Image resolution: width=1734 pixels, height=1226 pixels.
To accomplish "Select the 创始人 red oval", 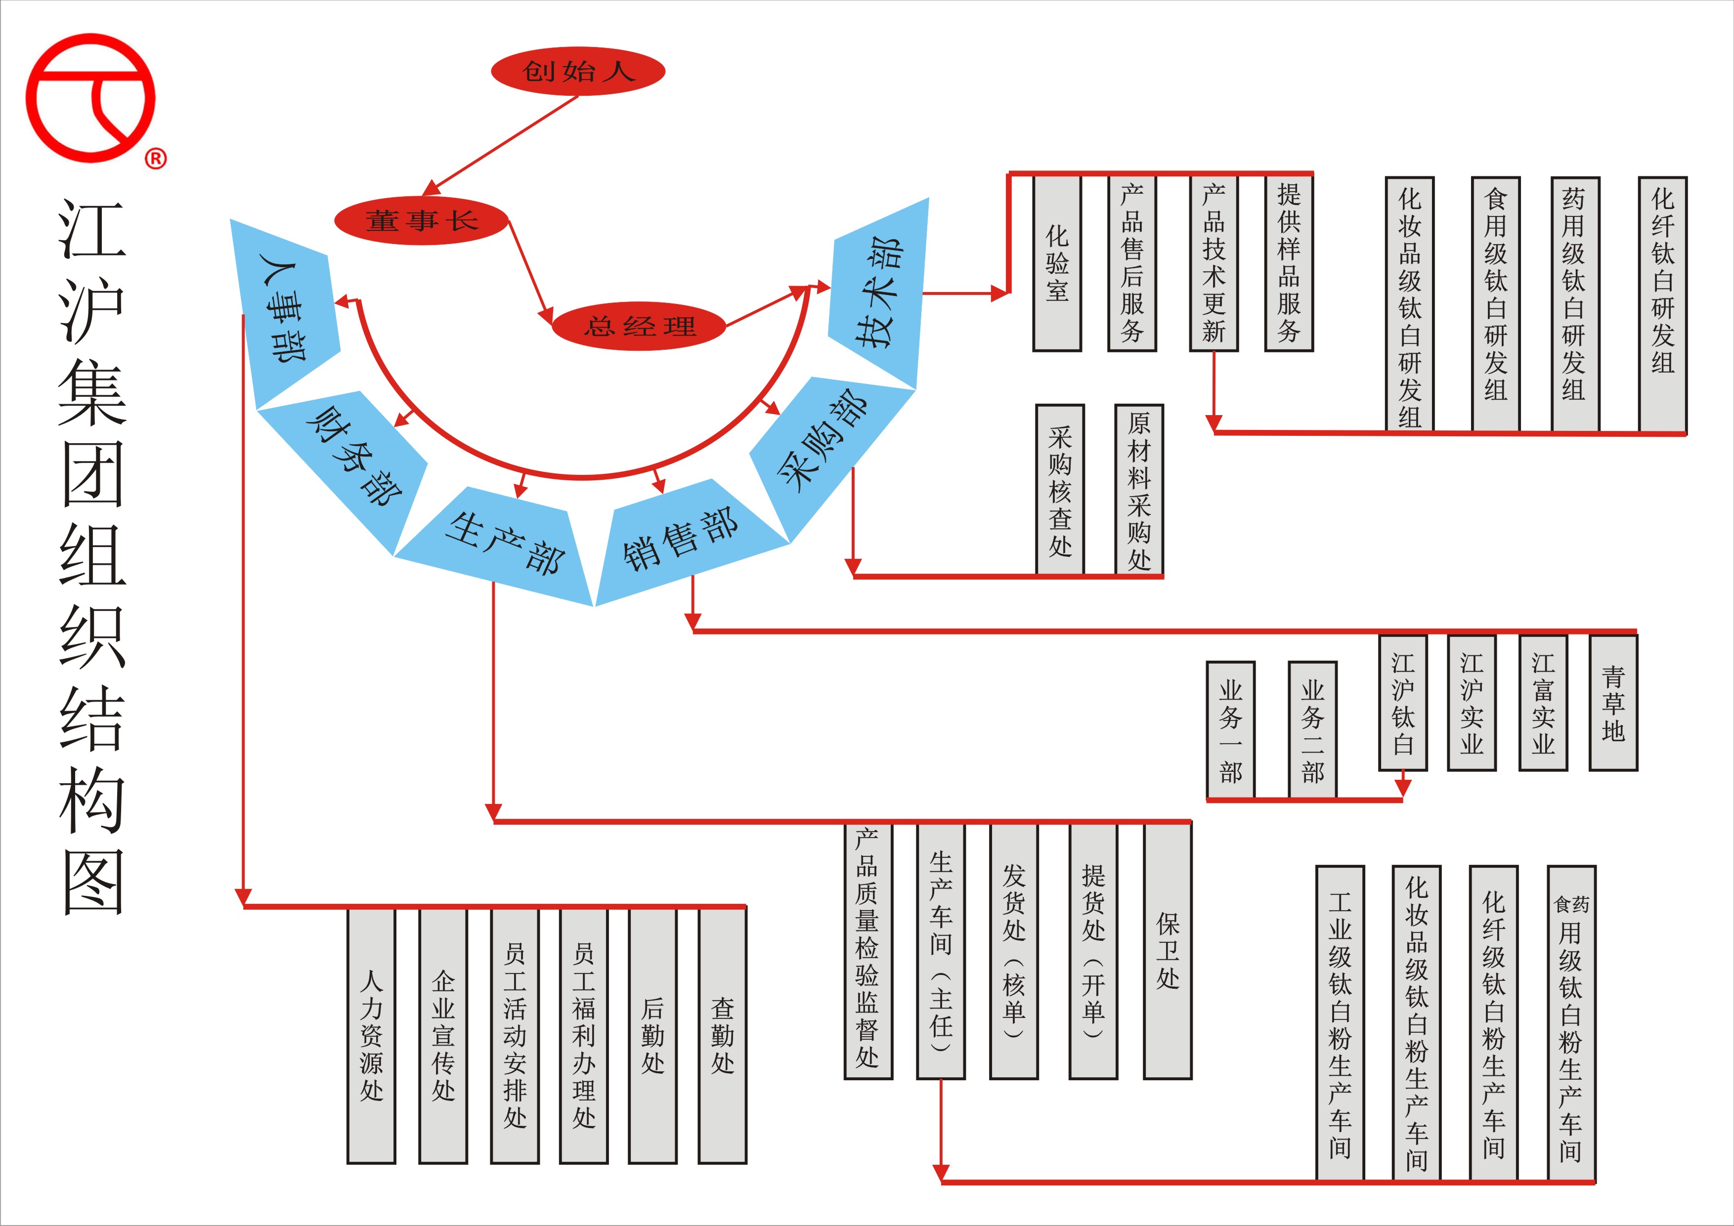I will pos(578,72).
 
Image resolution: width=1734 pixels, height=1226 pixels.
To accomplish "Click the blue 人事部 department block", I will pos(287,313).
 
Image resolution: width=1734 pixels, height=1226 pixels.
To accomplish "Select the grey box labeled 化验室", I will pos(1056,263).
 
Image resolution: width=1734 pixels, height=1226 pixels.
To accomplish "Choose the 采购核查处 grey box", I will pos(1060,490).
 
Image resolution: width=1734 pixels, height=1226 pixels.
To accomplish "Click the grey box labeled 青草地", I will pos(1613,703).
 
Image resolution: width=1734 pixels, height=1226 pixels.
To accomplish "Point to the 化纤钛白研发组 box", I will pos(1662,304).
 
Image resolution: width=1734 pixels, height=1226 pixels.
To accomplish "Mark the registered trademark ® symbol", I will pos(156,159).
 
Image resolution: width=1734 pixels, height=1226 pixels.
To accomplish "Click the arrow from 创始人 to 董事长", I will pos(502,143).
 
